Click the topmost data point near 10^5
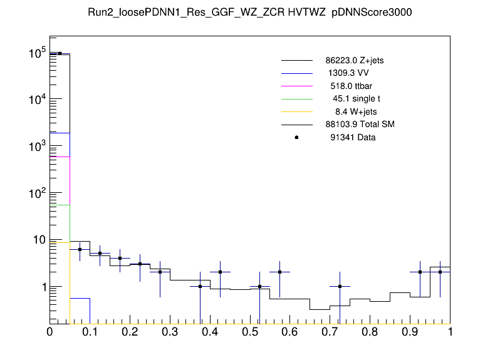60,53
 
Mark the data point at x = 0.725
340,286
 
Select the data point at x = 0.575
279,272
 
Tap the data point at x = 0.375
200,286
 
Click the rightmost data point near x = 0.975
440,272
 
